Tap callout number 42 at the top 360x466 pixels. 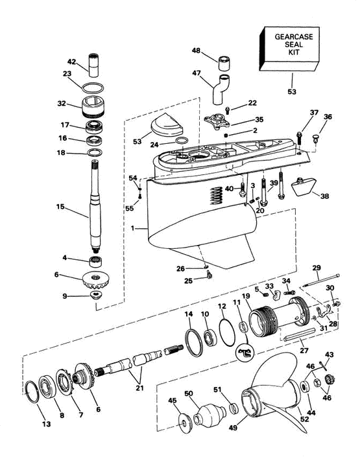(x=73, y=62)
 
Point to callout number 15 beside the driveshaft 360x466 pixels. (x=61, y=207)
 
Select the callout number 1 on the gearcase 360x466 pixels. (x=133, y=228)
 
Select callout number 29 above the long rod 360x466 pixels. (x=317, y=268)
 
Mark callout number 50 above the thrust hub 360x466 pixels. (x=189, y=393)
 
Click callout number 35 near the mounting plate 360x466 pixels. (x=258, y=120)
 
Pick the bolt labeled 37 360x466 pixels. (x=299, y=135)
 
